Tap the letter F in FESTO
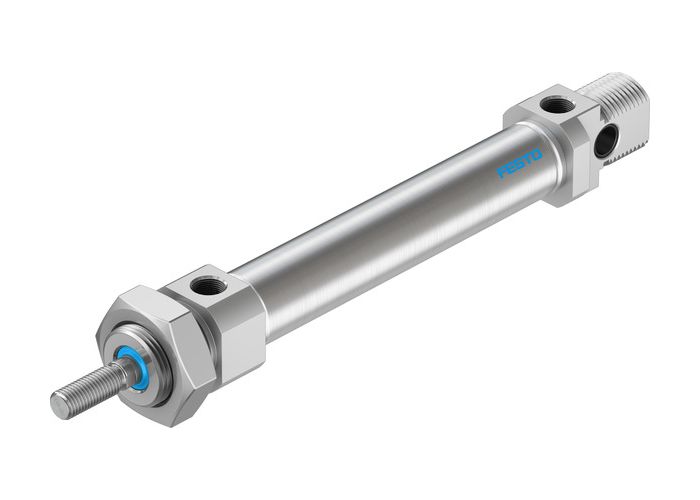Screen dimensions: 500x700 tap(503, 174)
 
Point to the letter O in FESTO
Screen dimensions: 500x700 tap(537, 156)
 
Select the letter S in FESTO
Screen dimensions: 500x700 tap(520, 165)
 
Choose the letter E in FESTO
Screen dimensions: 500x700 tap(511, 170)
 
